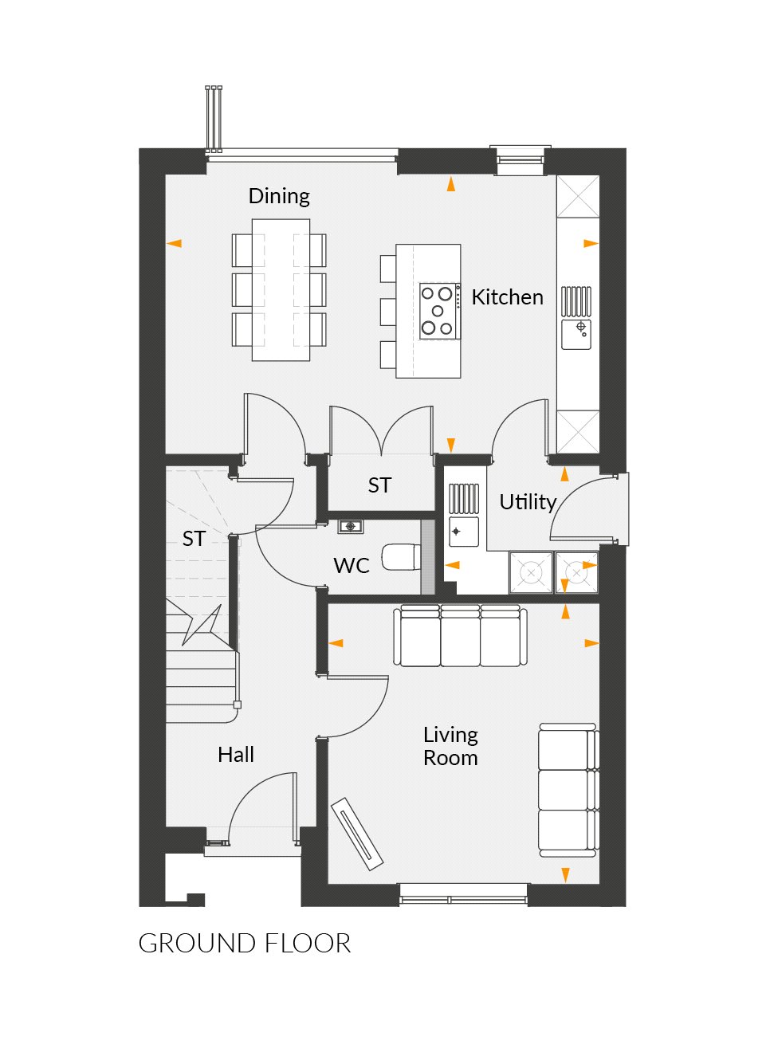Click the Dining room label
pyautogui.click(x=279, y=196)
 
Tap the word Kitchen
pyautogui.click(x=507, y=297)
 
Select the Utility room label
pyautogui.click(x=527, y=502)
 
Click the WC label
pyautogui.click(x=351, y=566)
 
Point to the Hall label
pyautogui.click(x=236, y=755)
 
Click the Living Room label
pyautogui.click(x=450, y=746)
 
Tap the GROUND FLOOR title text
pyautogui.click(x=244, y=944)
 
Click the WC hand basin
pyautogui.click(x=350, y=527)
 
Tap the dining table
pyautogui.click(x=281, y=290)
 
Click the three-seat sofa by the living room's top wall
pyautogui.click(x=460, y=635)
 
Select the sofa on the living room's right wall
pyautogui.click(x=568, y=790)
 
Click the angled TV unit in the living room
pyautogui.click(x=357, y=833)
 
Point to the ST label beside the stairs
pyautogui.click(x=194, y=539)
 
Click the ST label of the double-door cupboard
pyautogui.click(x=379, y=485)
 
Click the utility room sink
pyautogui.click(x=463, y=532)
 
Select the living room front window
pyautogui.click(x=463, y=899)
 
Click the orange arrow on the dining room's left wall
pyautogui.click(x=175, y=244)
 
